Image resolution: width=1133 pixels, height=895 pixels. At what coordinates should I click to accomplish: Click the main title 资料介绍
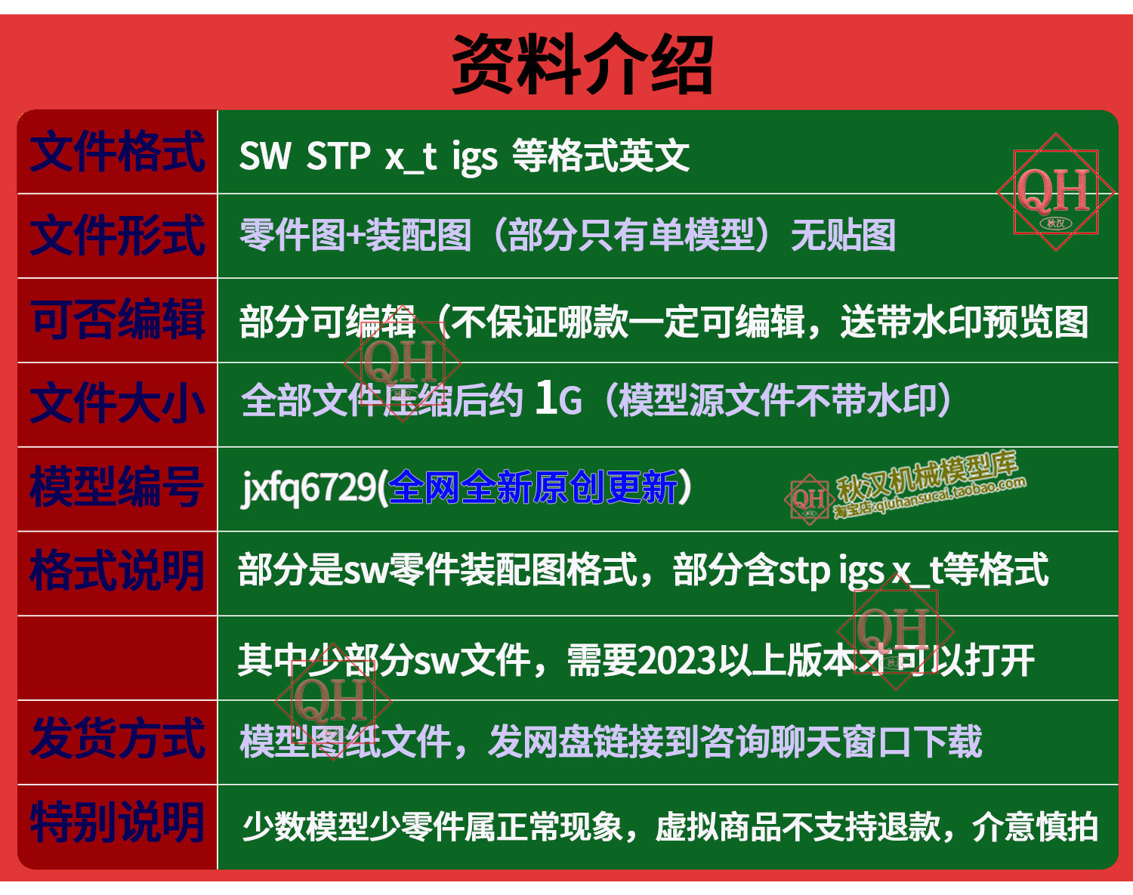(582, 63)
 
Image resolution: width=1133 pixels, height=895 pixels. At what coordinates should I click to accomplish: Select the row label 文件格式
(117, 151)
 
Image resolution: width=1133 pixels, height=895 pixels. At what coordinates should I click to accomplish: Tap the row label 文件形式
(117, 235)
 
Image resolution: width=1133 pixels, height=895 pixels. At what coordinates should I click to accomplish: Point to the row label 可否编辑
(117, 319)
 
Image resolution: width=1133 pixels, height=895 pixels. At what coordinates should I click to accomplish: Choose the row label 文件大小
(117, 403)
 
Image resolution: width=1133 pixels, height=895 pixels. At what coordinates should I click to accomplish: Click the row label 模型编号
(117, 487)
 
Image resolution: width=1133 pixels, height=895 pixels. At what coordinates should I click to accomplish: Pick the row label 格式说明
(117, 571)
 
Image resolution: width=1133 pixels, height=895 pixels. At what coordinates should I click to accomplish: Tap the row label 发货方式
(117, 739)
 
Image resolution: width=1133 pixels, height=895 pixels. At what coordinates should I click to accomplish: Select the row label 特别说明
(117, 823)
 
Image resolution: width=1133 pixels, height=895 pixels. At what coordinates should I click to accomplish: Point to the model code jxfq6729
(308, 488)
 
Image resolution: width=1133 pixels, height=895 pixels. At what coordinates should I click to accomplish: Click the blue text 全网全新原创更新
(533, 487)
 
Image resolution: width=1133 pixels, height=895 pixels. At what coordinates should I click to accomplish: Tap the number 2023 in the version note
(677, 661)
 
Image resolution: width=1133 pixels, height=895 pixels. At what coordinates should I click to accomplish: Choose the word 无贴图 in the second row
(843, 236)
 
